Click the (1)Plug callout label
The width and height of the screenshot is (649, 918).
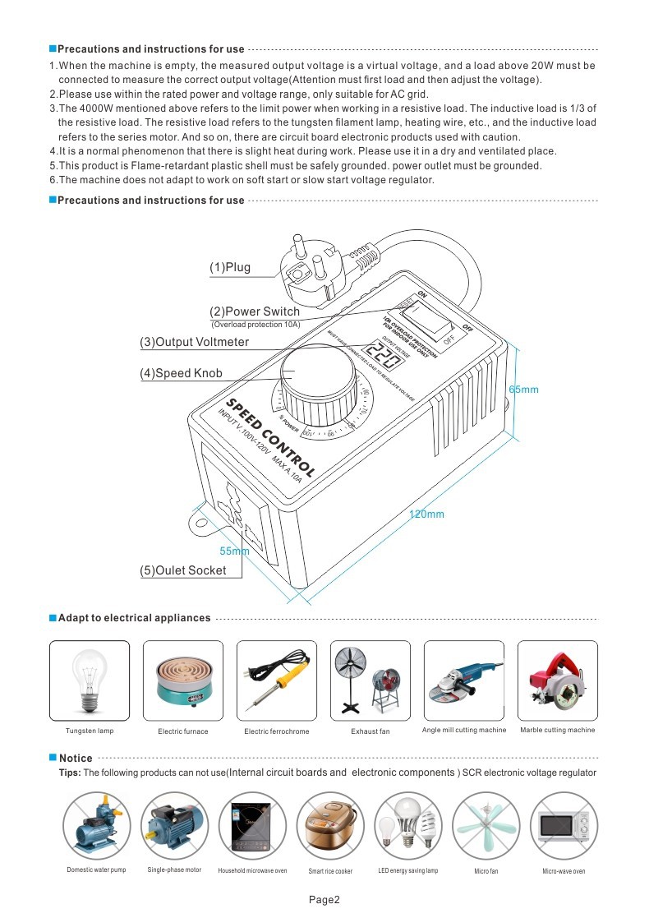pyautogui.click(x=230, y=267)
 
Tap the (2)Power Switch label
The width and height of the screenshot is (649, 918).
pyautogui.click(x=255, y=311)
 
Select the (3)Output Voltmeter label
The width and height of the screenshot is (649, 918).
pyautogui.click(x=195, y=342)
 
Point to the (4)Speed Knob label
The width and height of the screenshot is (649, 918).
pyautogui.click(x=181, y=373)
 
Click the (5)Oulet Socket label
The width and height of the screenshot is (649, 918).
pyautogui.click(x=183, y=570)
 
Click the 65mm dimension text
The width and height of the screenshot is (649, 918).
pyautogui.click(x=524, y=389)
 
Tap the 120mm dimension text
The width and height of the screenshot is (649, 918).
pyautogui.click(x=426, y=514)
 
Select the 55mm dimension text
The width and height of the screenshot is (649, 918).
pyautogui.click(x=234, y=551)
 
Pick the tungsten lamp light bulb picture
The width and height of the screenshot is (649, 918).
pyautogui.click(x=90, y=681)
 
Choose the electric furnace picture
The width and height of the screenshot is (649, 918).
pyautogui.click(x=183, y=681)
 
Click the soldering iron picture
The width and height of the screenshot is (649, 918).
pyautogui.click(x=276, y=681)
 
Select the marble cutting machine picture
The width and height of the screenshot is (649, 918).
pyautogui.click(x=557, y=681)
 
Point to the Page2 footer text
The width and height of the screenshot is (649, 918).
pyautogui.click(x=324, y=899)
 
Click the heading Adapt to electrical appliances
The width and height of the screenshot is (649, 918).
pyautogui.click(x=134, y=618)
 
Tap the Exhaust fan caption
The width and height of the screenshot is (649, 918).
pyautogui.click(x=370, y=731)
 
